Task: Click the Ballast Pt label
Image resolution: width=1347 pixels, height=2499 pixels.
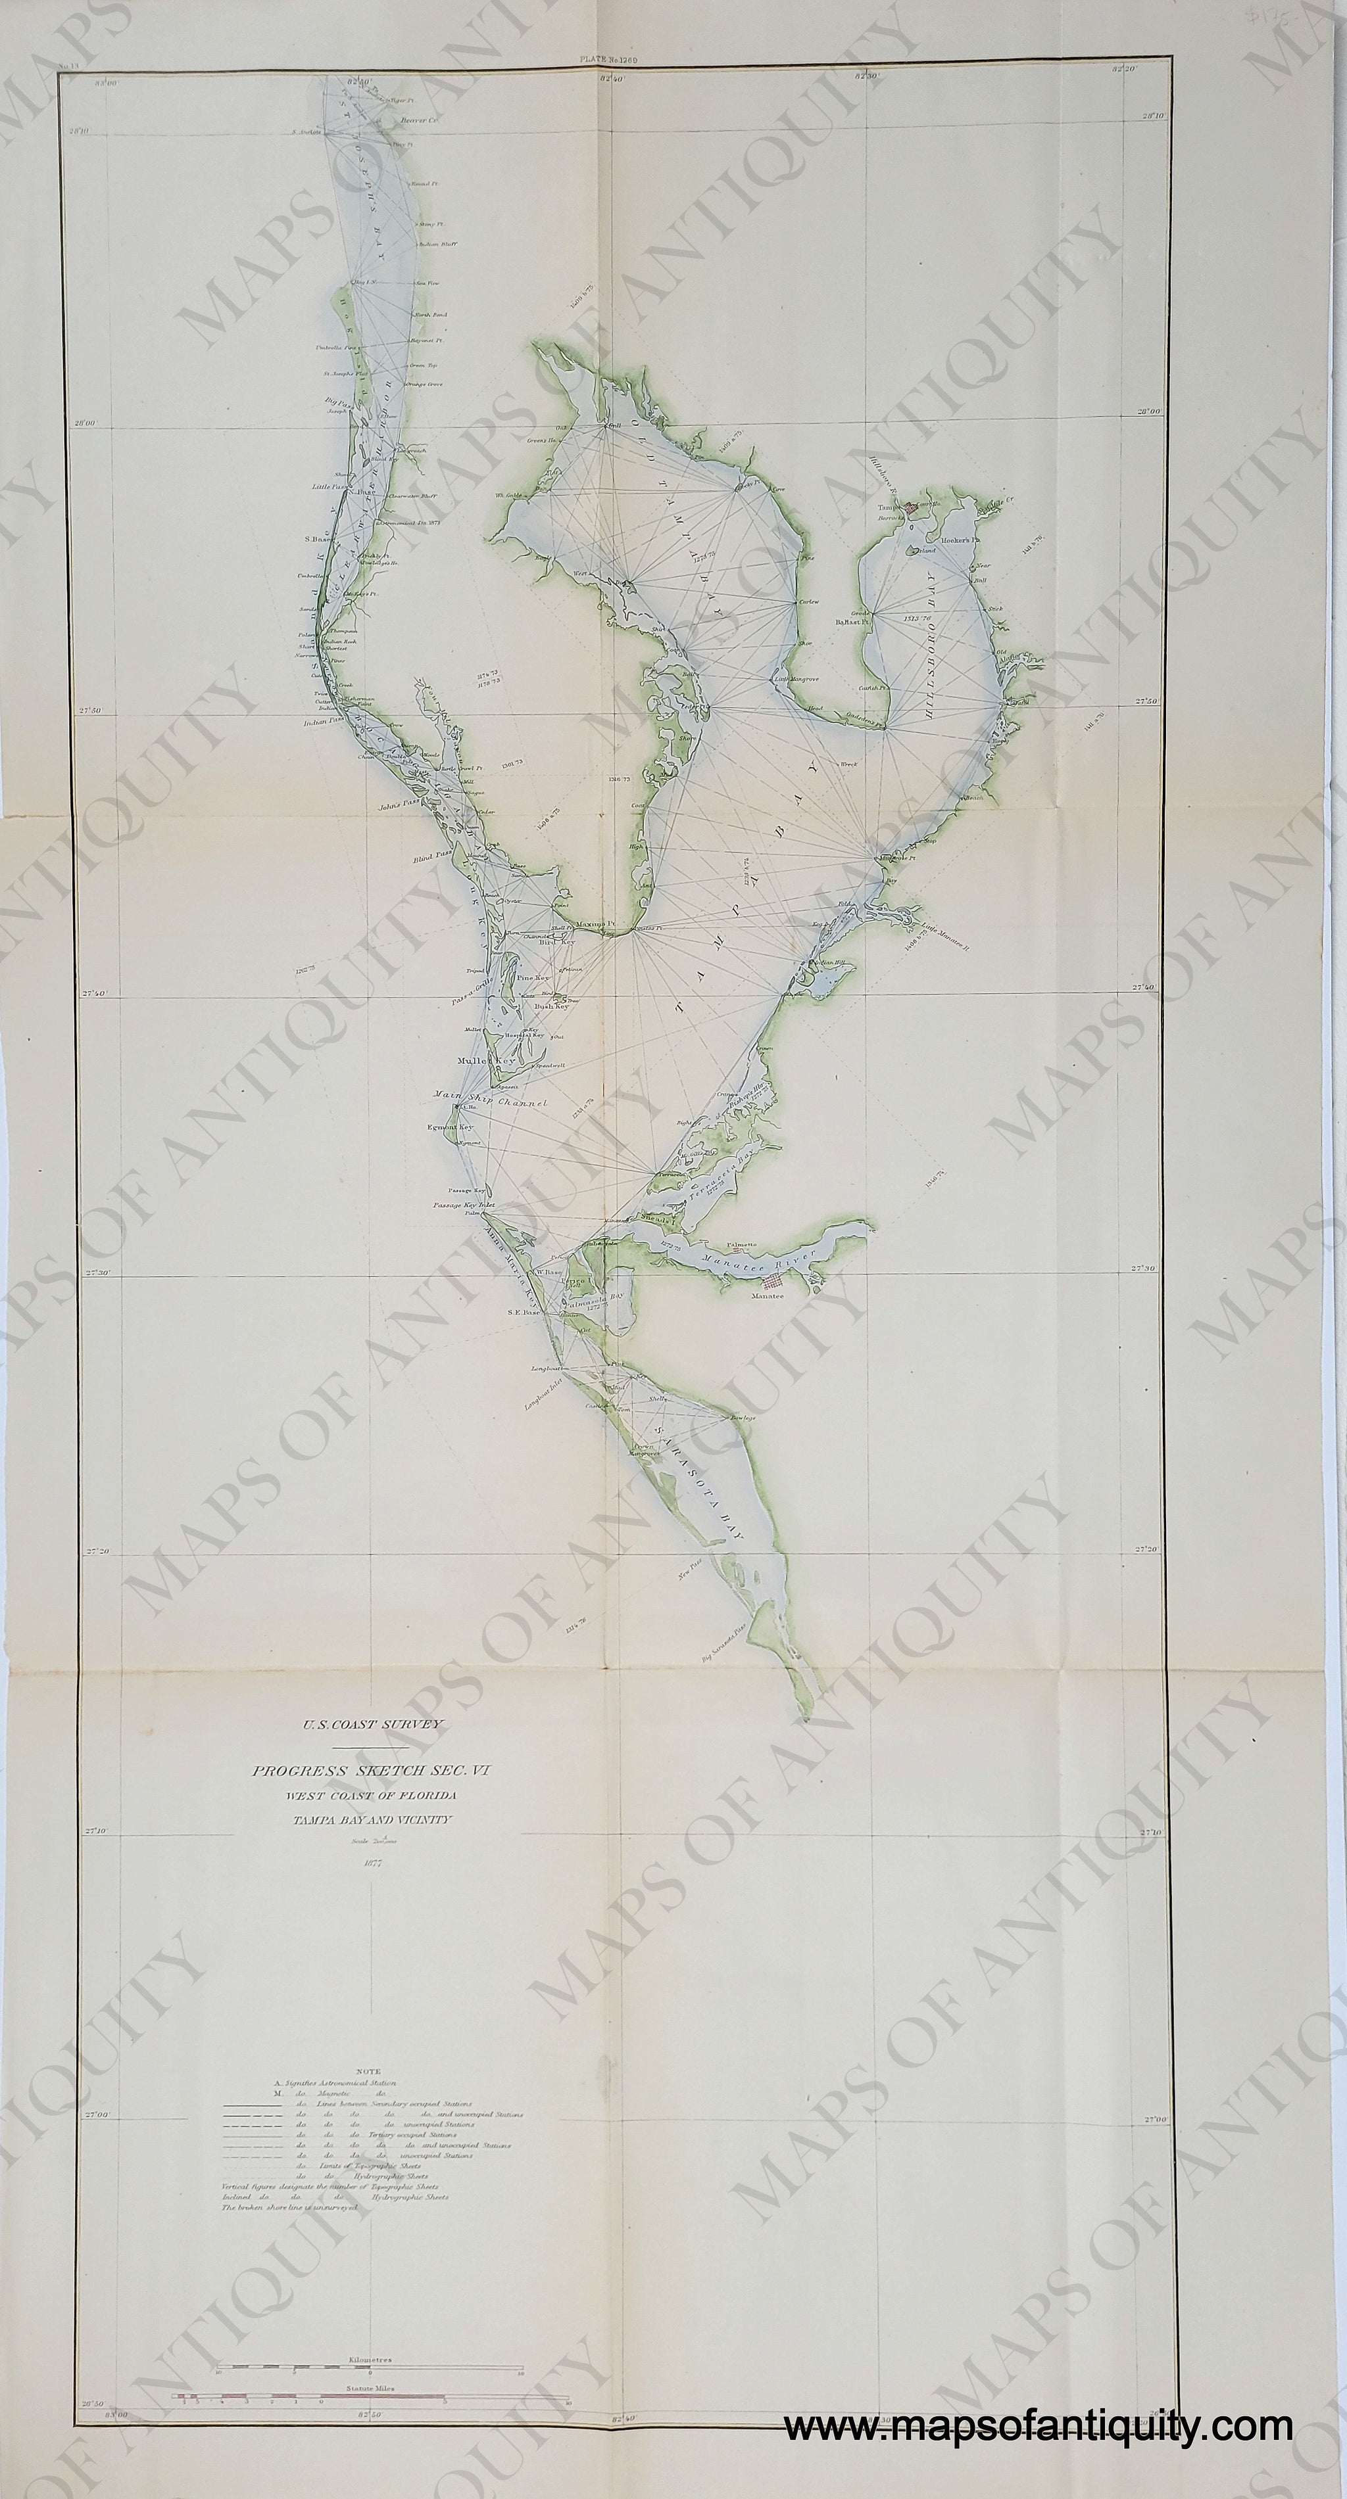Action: pos(851,622)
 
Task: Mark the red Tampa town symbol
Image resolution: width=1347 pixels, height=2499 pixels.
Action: pos(910,506)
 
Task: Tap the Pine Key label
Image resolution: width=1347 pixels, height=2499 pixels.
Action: pos(533,980)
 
